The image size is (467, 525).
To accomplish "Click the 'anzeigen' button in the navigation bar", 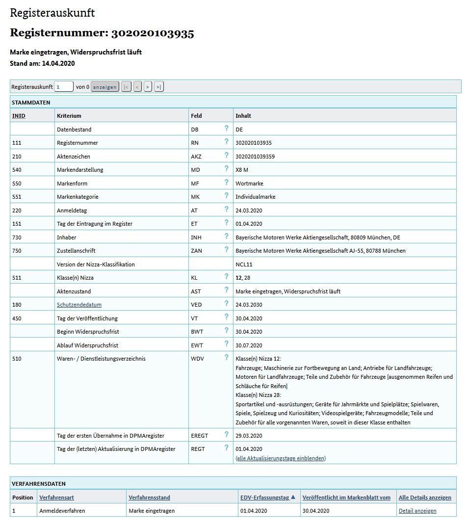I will (105, 87).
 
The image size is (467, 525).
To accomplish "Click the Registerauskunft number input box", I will (64, 87).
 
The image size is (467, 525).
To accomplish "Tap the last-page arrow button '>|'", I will (158, 87).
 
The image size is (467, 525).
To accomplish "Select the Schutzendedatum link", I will (79, 305).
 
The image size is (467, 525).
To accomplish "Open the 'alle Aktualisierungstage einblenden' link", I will (281, 458).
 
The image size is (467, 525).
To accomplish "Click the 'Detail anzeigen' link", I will (417, 511).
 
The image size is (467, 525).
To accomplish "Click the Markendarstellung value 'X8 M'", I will (242, 170).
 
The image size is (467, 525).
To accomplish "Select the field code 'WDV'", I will (197, 359).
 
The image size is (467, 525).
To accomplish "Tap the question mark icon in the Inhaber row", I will (227, 236).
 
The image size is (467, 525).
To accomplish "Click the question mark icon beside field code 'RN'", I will (227, 142).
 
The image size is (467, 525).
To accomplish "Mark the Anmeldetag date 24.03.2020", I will (249, 210).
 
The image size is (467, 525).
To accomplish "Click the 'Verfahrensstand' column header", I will (149, 498).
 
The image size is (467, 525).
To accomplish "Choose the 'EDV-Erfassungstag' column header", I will (264, 498).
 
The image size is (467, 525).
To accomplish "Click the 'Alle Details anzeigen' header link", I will (425, 498).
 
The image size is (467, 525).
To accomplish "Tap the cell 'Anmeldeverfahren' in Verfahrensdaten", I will (62, 511).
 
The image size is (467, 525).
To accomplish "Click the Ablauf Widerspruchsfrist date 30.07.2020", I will (249, 345).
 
